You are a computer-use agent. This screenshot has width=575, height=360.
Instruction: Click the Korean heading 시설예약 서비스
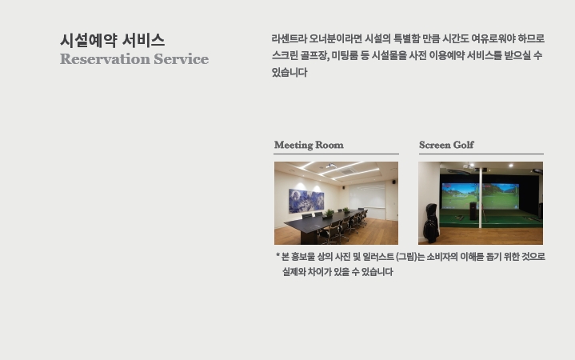112,40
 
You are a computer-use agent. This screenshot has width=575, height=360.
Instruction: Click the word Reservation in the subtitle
106,59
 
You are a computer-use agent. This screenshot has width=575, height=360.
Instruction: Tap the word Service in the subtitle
182,59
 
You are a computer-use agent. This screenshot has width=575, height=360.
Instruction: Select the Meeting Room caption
309,145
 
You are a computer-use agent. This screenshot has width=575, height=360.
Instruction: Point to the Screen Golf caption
446,145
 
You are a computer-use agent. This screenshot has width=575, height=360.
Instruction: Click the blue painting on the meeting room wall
306,200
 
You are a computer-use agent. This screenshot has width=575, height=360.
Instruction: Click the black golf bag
431,223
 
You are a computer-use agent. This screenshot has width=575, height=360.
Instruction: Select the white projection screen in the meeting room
367,195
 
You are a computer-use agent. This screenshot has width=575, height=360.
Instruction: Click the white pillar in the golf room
480,198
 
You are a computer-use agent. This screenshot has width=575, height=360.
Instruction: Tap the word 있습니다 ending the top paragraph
289,72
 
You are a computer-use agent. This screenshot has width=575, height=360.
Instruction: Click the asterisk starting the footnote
278,254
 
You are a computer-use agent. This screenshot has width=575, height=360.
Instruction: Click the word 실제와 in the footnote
294,272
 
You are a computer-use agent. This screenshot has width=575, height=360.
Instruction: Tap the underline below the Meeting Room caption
336,154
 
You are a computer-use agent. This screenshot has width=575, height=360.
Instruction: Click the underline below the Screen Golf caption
481,154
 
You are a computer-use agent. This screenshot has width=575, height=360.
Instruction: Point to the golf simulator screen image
480,196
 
